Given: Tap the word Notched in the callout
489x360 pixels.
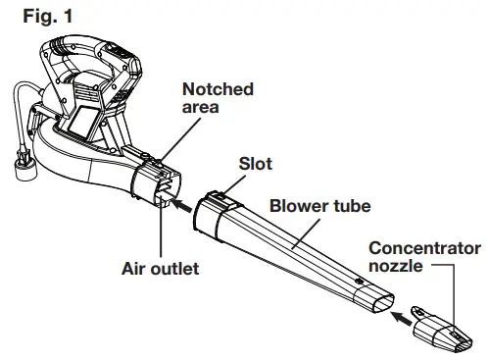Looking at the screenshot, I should [219, 89].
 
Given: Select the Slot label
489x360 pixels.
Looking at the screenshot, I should [257, 164].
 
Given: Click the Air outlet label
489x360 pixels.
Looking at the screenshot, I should [160, 268].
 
